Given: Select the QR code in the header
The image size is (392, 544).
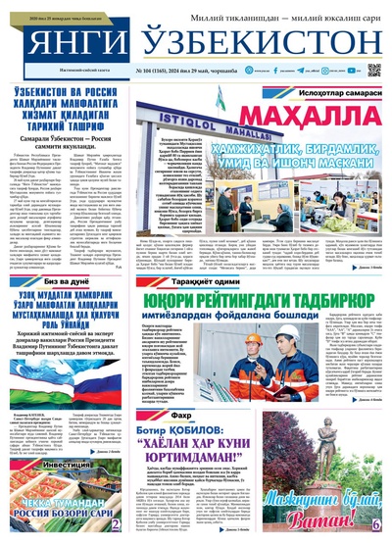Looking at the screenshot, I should [373, 71].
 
